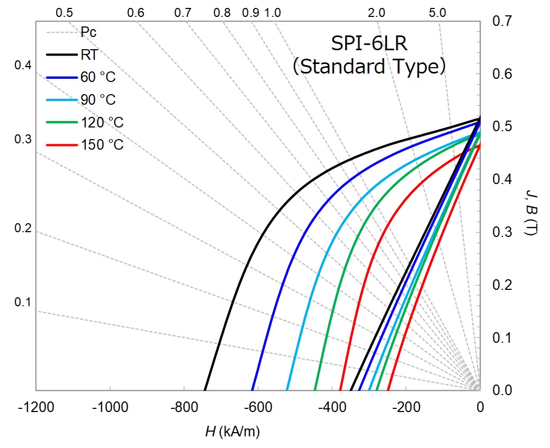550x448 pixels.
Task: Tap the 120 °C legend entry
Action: tap(102, 122)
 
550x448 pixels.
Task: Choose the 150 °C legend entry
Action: tap(102, 144)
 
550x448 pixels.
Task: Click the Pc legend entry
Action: tap(88, 32)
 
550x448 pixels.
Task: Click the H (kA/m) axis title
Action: tap(232, 432)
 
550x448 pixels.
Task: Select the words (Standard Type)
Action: tap(369, 67)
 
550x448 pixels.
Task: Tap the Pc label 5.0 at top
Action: tap(437, 13)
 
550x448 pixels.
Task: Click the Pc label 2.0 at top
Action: tap(376, 13)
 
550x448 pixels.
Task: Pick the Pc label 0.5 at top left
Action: tap(64, 13)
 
